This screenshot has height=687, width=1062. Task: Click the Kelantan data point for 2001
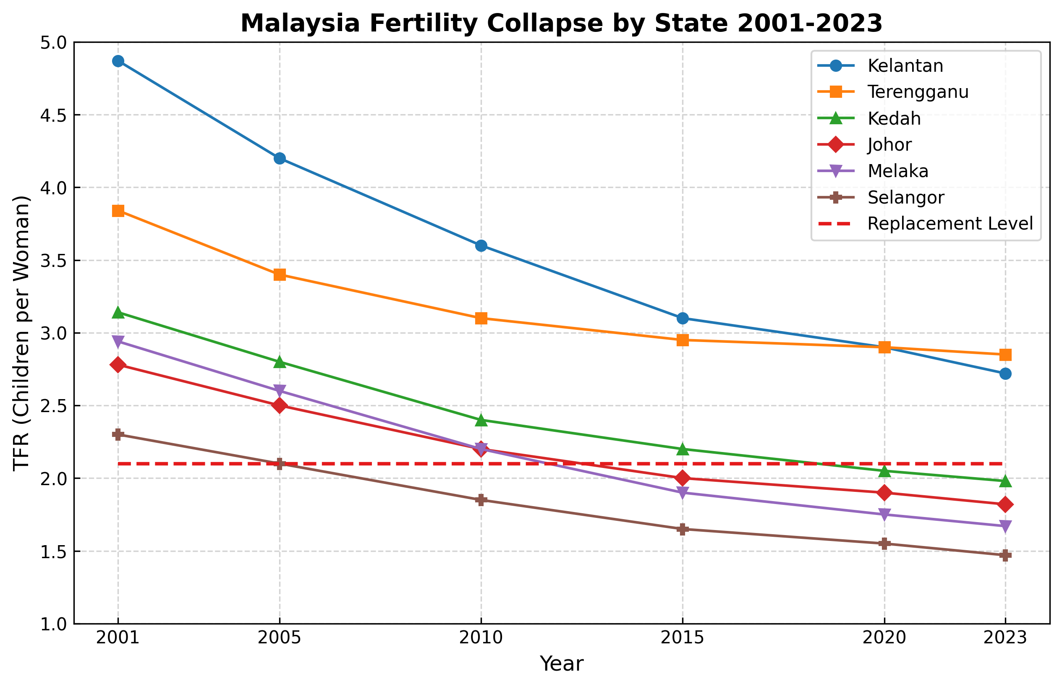click(118, 61)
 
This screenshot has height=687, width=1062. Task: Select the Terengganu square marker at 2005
click(280, 275)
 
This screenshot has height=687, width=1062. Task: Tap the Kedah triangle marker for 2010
click(481, 420)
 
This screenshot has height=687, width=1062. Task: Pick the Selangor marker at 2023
click(1005, 555)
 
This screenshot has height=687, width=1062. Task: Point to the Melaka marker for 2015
click(682, 493)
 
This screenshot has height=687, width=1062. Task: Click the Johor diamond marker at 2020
click(885, 493)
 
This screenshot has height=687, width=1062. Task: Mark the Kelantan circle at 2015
click(682, 319)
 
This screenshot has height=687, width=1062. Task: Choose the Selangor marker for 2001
click(118, 434)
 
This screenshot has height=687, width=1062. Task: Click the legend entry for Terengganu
click(918, 92)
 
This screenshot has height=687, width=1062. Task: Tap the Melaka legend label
click(898, 171)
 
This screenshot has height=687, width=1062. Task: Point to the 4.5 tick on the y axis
click(54, 115)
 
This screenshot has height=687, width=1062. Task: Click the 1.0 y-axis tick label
click(54, 624)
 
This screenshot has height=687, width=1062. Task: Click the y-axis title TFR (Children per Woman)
click(21, 333)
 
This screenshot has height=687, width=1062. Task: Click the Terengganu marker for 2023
click(1005, 355)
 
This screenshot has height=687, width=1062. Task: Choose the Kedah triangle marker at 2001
click(118, 312)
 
